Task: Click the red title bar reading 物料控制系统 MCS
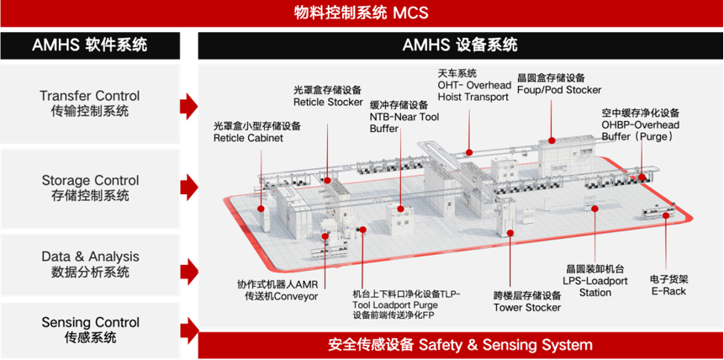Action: (x=362, y=13)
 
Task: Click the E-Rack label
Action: (x=669, y=285)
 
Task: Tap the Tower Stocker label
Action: (x=526, y=301)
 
